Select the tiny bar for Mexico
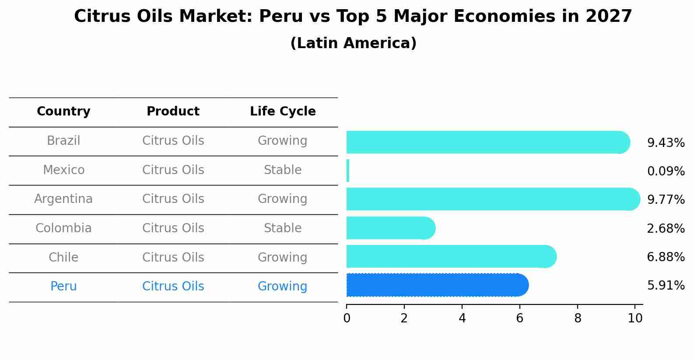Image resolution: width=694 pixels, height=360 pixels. tap(348, 171)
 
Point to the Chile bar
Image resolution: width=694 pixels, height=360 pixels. tap(451, 256)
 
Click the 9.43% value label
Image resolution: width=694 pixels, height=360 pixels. tap(666, 143)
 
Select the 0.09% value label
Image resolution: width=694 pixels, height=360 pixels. tap(666, 171)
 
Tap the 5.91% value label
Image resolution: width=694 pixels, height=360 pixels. tap(666, 286)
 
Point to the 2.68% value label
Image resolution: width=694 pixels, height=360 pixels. tap(666, 229)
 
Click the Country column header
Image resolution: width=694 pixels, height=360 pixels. tap(63, 112)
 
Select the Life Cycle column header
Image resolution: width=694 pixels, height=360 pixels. tap(283, 112)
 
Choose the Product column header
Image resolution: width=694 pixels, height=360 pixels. tap(173, 112)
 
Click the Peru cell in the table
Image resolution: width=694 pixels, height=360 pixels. tap(63, 287)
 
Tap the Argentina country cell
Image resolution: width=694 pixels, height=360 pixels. tap(63, 199)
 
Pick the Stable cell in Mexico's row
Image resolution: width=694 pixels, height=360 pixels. tap(283, 170)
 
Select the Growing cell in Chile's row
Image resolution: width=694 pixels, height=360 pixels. tap(283, 258)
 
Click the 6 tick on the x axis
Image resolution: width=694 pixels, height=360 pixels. tap(519, 318)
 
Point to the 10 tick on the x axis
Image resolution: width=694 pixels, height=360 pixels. tap(635, 318)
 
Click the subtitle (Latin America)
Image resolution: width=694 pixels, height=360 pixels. tap(353, 43)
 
